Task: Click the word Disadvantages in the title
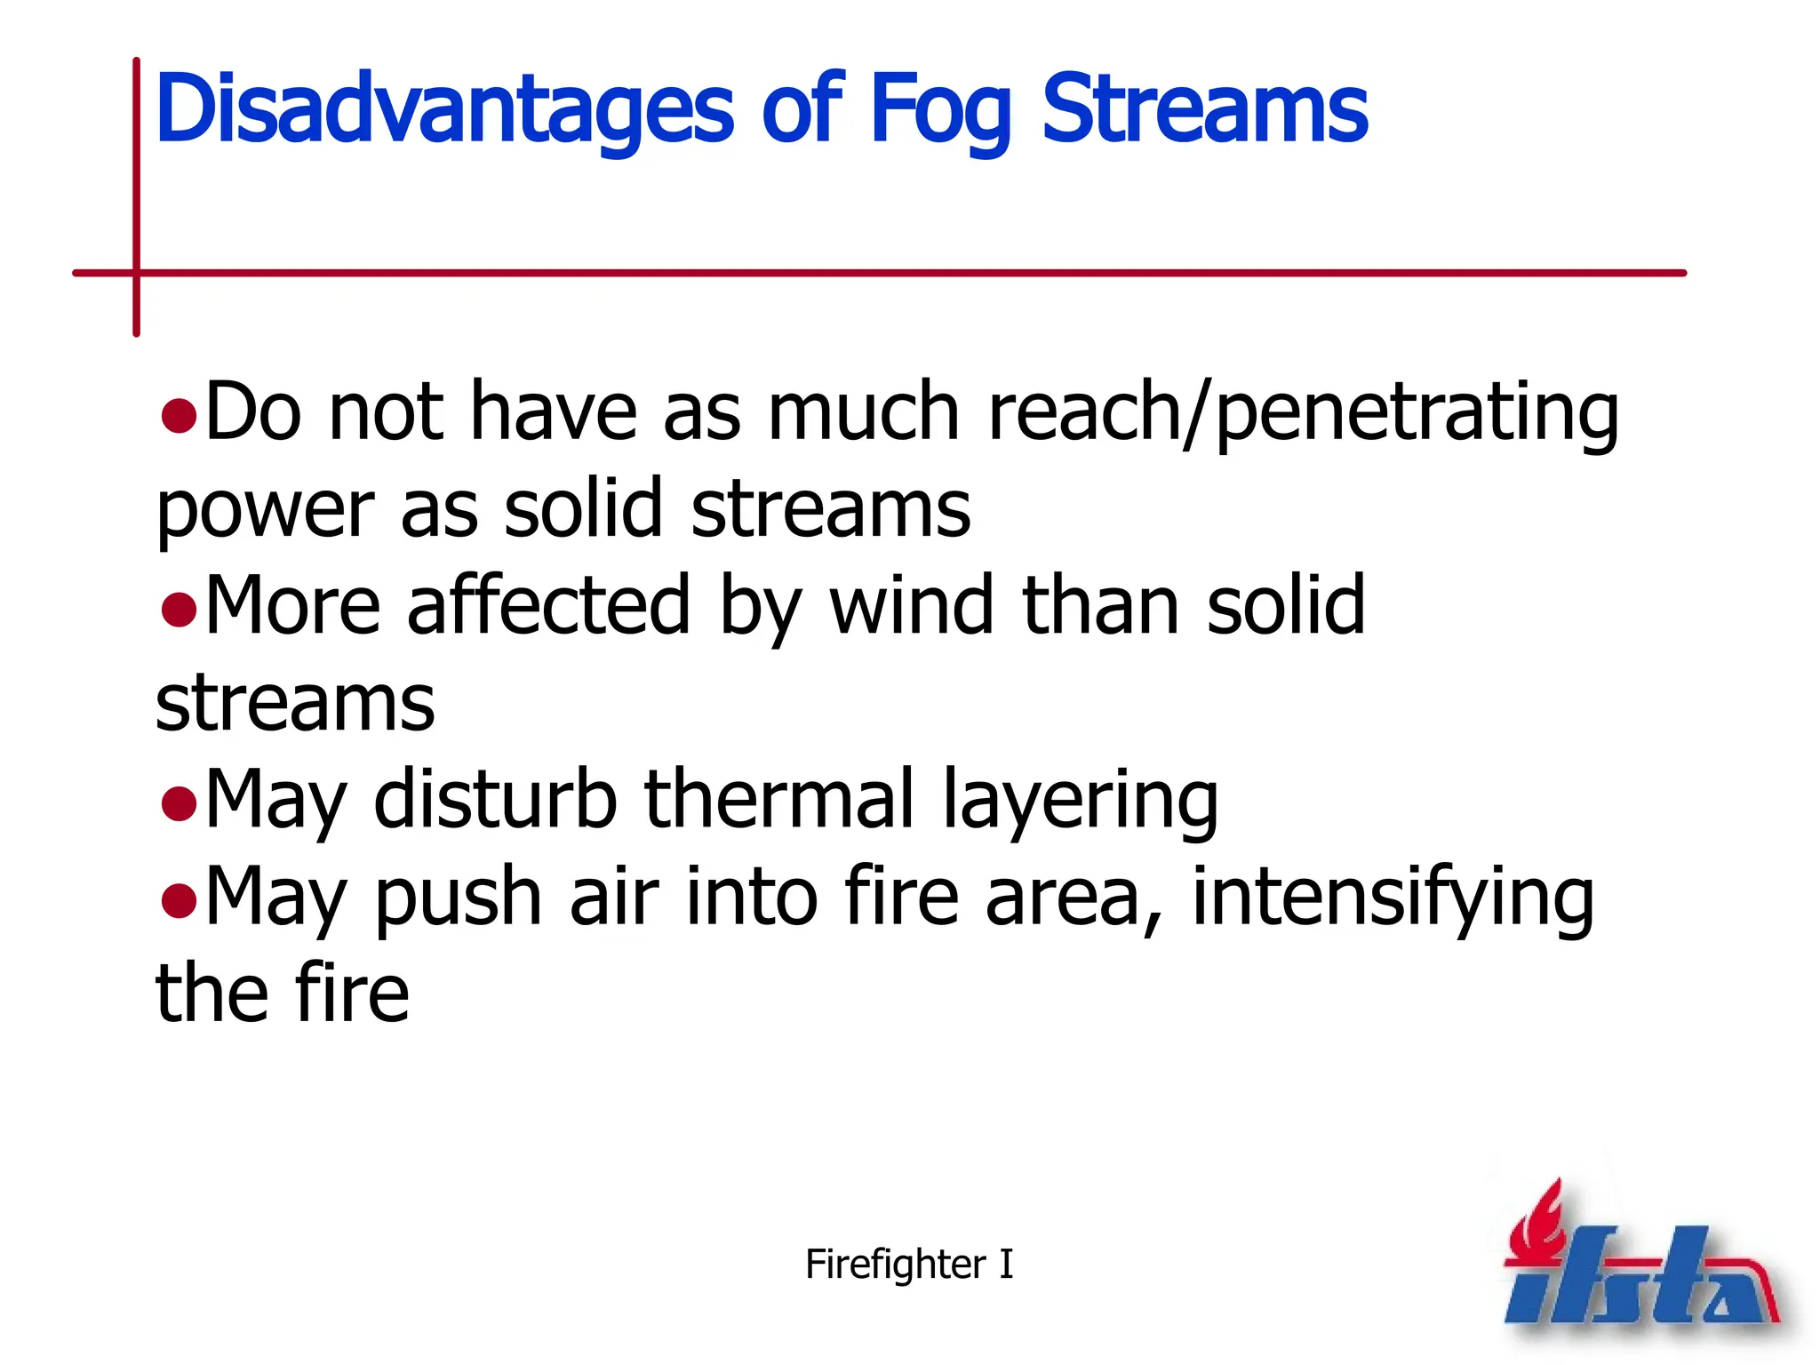[444, 109]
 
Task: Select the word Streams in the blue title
[1204, 109]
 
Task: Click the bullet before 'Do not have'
[179, 415]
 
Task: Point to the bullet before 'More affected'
[179, 610]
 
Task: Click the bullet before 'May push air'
[179, 900]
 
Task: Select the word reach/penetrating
[1303, 412]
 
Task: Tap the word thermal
[778, 800]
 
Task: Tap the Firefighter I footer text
[908, 1264]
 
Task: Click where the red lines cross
[137, 273]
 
